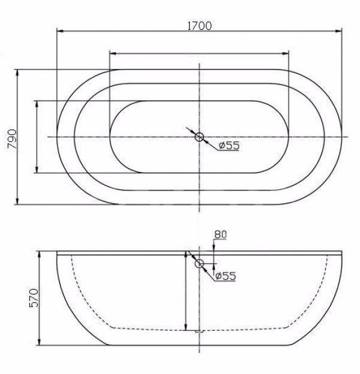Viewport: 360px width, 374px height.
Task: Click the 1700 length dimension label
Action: click(x=199, y=26)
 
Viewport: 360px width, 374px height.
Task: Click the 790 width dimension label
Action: click(x=12, y=139)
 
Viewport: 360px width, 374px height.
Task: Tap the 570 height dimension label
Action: click(x=34, y=298)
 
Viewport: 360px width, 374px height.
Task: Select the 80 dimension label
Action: click(x=220, y=234)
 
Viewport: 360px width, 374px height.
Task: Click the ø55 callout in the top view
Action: click(x=229, y=146)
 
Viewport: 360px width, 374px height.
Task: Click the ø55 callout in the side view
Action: click(x=226, y=276)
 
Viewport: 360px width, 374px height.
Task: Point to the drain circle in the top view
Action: click(x=199, y=137)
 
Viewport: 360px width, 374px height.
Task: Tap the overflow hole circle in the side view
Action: click(x=199, y=264)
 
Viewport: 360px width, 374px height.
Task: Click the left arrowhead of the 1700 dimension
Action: click(x=60, y=31)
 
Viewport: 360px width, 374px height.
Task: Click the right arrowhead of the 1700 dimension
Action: click(x=338, y=31)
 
